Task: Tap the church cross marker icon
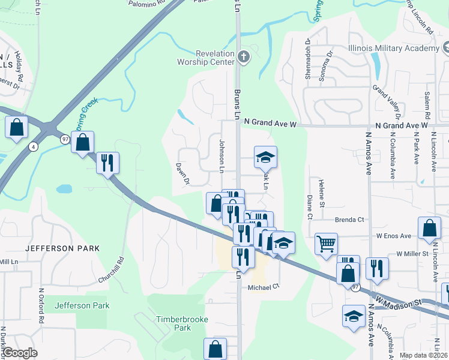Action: tap(243, 58)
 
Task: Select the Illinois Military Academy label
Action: tap(394, 48)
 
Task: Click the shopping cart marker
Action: tap(326, 243)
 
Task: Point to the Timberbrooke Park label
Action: tap(182, 323)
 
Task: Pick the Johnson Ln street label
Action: tap(221, 157)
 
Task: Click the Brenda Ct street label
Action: tap(349, 220)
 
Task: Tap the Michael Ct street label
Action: tap(264, 287)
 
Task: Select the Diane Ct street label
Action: tap(310, 206)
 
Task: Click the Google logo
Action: tap(20, 352)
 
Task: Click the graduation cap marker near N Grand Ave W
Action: tap(265, 157)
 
